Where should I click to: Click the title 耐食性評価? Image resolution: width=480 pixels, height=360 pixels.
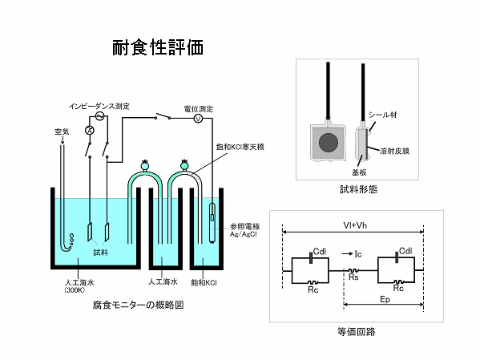158,47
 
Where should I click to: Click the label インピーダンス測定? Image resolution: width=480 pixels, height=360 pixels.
99,107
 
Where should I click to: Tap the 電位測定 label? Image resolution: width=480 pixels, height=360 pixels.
199,109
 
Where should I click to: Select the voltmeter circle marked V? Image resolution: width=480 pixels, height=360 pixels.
199,119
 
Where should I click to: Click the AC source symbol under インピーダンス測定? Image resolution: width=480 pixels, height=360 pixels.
99,116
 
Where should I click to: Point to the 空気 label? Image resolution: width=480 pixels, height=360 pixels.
62,131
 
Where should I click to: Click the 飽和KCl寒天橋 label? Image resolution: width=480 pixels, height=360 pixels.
240,147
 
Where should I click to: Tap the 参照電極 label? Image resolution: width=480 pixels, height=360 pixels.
245,226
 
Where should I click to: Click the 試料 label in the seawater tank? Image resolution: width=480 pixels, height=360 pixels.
100,253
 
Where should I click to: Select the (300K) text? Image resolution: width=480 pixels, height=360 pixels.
75,289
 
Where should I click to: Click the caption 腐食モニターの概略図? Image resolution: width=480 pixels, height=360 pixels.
138,305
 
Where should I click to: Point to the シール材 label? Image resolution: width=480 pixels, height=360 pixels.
383,115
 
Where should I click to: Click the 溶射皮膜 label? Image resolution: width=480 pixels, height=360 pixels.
394,151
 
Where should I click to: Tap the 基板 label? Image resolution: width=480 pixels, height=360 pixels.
359,172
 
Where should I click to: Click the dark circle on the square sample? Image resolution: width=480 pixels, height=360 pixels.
329,143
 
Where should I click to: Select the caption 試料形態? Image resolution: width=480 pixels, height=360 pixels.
358,189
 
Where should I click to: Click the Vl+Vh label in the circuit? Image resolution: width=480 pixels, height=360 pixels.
355,225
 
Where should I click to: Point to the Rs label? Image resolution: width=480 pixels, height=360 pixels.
353,277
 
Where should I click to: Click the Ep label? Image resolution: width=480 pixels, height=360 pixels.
385,299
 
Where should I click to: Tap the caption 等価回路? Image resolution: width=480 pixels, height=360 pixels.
357,331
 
